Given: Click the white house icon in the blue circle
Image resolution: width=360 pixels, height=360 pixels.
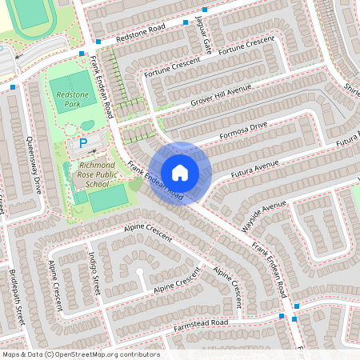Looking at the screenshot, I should pyautogui.click(x=180, y=172).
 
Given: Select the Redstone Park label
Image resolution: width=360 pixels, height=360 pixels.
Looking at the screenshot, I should pyautogui.click(x=74, y=99).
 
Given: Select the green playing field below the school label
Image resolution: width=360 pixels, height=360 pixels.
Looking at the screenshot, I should pyautogui.click(x=107, y=198).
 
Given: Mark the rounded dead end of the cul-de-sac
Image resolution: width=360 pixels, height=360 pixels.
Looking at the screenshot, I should pyautogui.click(x=141, y=272).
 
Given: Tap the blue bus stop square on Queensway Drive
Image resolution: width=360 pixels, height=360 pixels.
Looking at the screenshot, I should pyautogui.click(x=14, y=87).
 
